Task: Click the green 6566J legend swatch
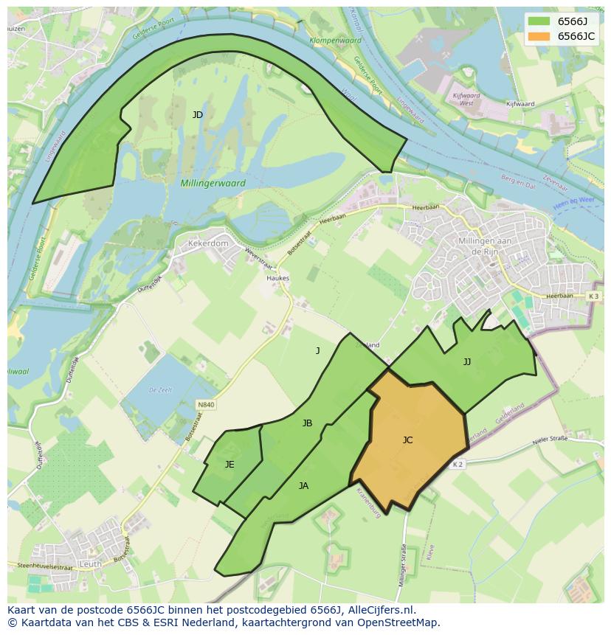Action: [x=539, y=21]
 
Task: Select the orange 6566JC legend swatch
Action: [x=539, y=36]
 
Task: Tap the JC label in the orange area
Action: [x=407, y=440]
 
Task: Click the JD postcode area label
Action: [x=198, y=115]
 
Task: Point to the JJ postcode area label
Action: [x=467, y=362]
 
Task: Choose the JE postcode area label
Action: [x=229, y=465]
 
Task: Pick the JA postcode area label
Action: [x=303, y=486]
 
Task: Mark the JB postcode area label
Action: [x=307, y=423]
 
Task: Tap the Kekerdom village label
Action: [x=208, y=243]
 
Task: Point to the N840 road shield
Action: [x=206, y=405]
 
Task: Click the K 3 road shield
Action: [x=594, y=296]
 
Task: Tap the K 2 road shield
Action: [x=458, y=464]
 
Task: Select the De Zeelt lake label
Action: [x=160, y=389]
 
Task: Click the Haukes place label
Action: [x=278, y=279]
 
